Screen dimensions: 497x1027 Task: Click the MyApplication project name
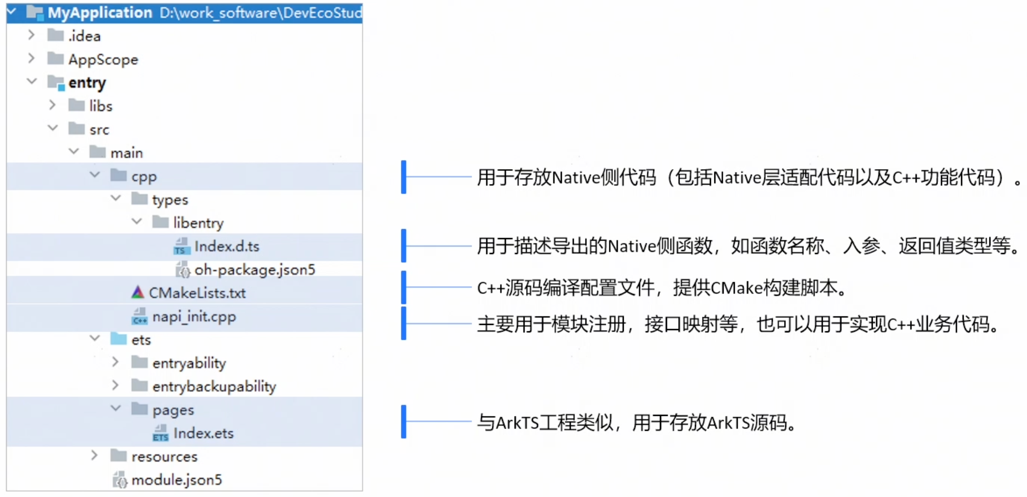(100, 12)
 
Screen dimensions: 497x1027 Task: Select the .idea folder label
(84, 36)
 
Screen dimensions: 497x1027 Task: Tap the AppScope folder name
(103, 59)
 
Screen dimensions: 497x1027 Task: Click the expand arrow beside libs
(52, 105)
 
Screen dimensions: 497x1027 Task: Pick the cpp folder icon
(119, 176)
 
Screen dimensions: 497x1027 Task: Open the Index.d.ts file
(226, 246)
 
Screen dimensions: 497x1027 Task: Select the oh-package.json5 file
(255, 270)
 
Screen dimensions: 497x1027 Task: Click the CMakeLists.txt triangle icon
(138, 292)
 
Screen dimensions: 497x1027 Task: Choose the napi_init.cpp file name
(194, 316)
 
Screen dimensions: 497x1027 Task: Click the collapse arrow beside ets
(95, 338)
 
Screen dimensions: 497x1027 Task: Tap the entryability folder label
(189, 363)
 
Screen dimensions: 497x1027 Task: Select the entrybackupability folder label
(214, 387)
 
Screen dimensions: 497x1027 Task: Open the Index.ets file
(203, 433)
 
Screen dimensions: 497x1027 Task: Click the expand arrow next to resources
(94, 455)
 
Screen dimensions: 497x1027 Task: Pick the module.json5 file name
(176, 480)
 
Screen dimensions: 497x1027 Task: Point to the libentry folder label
(198, 223)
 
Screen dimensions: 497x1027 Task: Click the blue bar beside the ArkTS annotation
(404, 422)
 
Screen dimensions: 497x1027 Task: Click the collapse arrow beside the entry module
(32, 82)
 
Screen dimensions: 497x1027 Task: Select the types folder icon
(140, 199)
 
